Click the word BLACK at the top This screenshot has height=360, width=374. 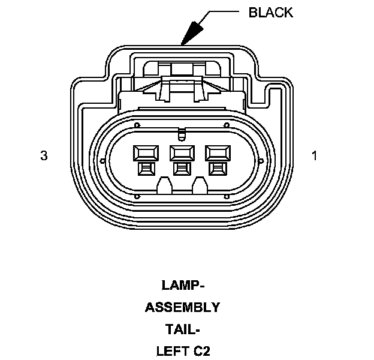(271, 13)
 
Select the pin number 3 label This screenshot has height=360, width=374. (43, 156)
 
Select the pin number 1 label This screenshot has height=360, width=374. (314, 156)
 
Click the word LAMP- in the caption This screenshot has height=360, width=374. (182, 284)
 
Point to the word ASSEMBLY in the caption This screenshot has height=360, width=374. (182, 307)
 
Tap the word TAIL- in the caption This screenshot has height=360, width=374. (182, 329)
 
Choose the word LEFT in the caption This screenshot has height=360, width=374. (171, 351)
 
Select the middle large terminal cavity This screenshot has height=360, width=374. (182, 152)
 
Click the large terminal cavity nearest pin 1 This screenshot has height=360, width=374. (217, 152)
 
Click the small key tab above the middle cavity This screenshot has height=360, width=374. (182, 134)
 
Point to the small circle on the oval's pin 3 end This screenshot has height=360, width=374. (102, 160)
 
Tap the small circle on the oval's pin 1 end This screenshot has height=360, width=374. (261, 160)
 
